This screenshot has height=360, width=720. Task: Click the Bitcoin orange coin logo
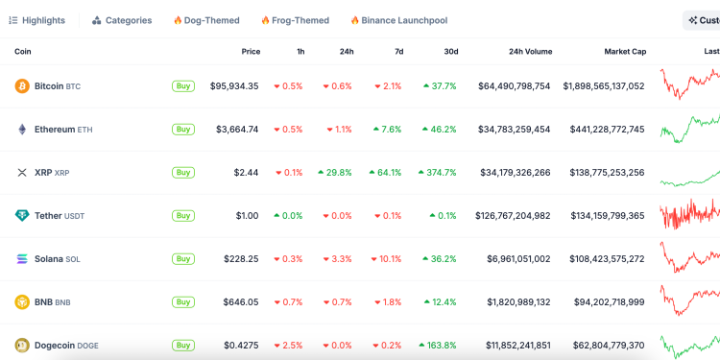click(x=21, y=86)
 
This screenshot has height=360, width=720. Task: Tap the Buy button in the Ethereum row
click(x=182, y=129)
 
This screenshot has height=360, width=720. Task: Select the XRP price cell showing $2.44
click(x=246, y=173)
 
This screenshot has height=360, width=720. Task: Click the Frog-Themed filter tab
click(x=296, y=20)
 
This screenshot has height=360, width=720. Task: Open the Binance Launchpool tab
click(x=398, y=20)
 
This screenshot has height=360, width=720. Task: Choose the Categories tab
click(x=122, y=20)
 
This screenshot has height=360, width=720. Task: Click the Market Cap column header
click(x=624, y=51)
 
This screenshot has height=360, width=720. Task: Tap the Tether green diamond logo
click(x=21, y=216)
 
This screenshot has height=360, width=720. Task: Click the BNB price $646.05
click(x=239, y=302)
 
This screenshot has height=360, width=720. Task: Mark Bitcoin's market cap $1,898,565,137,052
click(x=604, y=86)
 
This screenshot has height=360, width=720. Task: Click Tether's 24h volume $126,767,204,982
click(x=513, y=216)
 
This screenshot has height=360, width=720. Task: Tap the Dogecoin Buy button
click(x=182, y=345)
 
